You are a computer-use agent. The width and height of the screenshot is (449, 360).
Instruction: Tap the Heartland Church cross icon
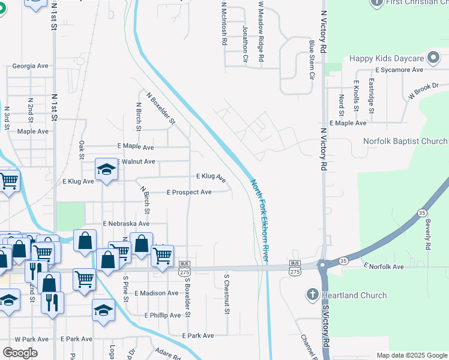(312, 295)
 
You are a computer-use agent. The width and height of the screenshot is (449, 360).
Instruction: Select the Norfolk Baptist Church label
(405, 141)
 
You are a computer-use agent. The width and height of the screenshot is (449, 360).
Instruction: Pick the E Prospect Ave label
(189, 192)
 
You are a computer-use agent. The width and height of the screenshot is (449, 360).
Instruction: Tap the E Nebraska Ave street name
(126, 223)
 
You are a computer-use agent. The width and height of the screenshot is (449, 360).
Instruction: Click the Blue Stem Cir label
(312, 60)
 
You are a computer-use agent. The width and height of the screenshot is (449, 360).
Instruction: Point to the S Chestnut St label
(227, 295)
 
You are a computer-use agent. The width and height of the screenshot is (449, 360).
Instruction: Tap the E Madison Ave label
(157, 293)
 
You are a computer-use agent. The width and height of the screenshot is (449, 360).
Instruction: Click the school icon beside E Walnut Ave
(106, 169)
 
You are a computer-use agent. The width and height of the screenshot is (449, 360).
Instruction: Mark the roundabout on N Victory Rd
(324, 264)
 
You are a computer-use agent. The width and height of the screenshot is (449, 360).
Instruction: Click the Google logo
(20, 353)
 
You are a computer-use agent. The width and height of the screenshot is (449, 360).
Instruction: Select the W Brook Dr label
(424, 91)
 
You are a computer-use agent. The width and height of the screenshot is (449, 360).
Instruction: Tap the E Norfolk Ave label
(385, 266)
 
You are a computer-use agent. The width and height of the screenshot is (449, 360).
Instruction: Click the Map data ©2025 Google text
(412, 355)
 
